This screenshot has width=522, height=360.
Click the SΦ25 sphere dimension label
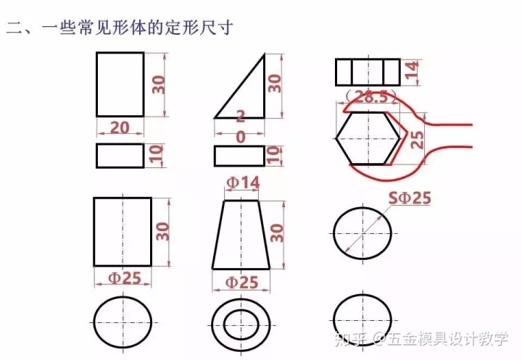(x=410, y=198)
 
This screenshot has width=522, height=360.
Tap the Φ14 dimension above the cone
(x=243, y=183)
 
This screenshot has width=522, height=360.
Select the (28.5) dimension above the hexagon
(x=371, y=97)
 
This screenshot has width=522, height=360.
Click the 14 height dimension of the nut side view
(x=412, y=70)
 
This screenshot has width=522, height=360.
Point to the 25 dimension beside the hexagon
(x=417, y=139)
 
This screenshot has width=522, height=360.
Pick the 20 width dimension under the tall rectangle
(x=120, y=127)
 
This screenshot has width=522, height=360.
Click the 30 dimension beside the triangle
(x=275, y=83)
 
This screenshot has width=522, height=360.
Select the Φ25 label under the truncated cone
(x=241, y=282)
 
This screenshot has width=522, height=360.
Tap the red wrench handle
(x=449, y=125)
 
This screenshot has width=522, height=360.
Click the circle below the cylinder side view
(x=123, y=297)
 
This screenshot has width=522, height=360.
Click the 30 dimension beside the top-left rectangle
(x=159, y=85)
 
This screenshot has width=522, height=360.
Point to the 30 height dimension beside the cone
(x=277, y=233)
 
